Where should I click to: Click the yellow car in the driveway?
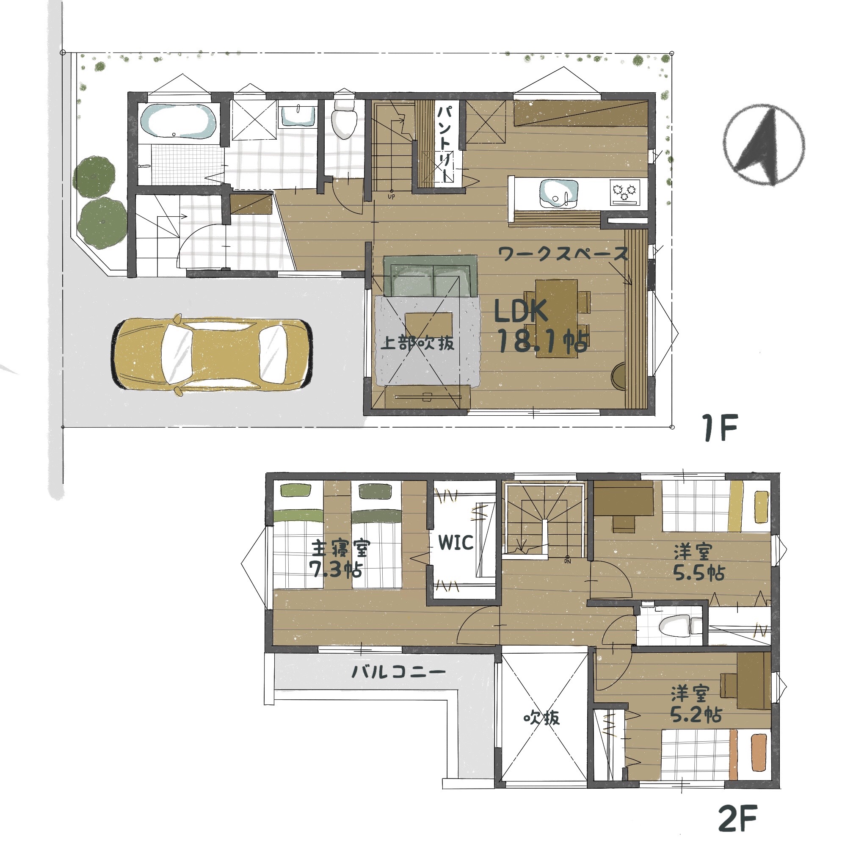click(x=211, y=355)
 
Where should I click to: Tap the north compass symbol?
click(x=763, y=145)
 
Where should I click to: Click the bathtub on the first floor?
click(x=178, y=121)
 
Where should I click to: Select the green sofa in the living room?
click(x=431, y=276)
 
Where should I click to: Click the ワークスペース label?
click(x=563, y=254)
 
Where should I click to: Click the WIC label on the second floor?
click(x=456, y=543)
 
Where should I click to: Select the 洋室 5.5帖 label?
click(x=698, y=562)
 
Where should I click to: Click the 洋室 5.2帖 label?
click(x=696, y=704)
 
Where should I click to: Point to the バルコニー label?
click(x=398, y=672)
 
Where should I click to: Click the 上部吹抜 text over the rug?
click(x=417, y=344)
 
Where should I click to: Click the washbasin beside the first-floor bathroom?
click(x=297, y=116)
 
